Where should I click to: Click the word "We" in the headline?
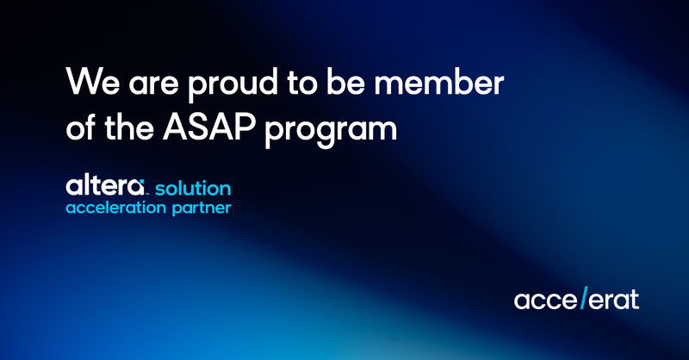[93, 82]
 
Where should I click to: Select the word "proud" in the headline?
[233, 85]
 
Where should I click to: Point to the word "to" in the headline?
[302, 83]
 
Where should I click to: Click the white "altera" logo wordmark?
[104, 186]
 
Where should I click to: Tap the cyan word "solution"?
[193, 188]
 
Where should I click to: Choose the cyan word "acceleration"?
[116, 208]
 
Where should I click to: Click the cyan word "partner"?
[202, 208]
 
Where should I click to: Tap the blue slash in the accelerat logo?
[584, 298]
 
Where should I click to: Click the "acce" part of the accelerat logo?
[545, 301]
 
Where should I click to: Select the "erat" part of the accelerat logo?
[614, 300]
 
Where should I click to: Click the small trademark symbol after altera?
[146, 193]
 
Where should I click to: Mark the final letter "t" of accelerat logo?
[634, 300]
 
